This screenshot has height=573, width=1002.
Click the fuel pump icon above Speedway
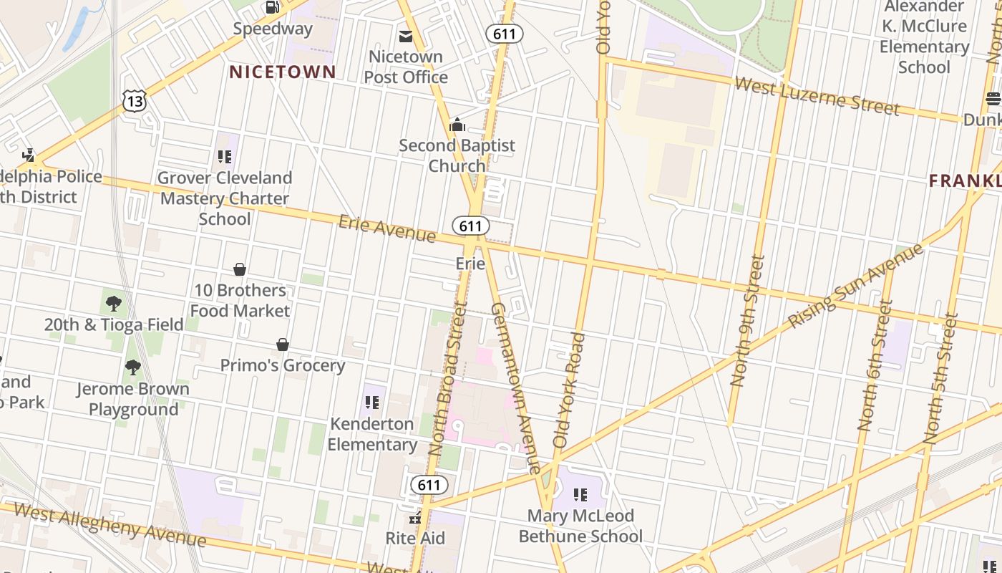[x=272, y=7]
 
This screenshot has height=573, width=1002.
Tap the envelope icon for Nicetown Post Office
[x=406, y=36]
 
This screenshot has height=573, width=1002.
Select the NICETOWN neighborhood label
[x=282, y=72]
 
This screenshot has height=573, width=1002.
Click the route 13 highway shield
[x=134, y=102]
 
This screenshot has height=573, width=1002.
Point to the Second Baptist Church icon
[x=457, y=125]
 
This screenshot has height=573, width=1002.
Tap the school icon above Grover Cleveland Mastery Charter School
[x=225, y=157]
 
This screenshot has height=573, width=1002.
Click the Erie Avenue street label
[x=387, y=228]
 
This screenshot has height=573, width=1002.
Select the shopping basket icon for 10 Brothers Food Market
[x=240, y=269]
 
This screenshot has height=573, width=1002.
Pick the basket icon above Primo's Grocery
[x=283, y=345]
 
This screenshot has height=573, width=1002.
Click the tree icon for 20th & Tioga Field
[x=113, y=304]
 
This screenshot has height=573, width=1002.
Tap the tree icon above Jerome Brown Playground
[x=132, y=368]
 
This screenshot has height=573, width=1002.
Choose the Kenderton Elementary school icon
[x=371, y=403]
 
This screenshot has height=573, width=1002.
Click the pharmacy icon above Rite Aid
[x=415, y=518]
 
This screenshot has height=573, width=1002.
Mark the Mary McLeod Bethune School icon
[x=580, y=495]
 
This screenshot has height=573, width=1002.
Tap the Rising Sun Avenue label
[x=856, y=286]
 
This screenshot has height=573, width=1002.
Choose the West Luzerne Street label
[x=817, y=97]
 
